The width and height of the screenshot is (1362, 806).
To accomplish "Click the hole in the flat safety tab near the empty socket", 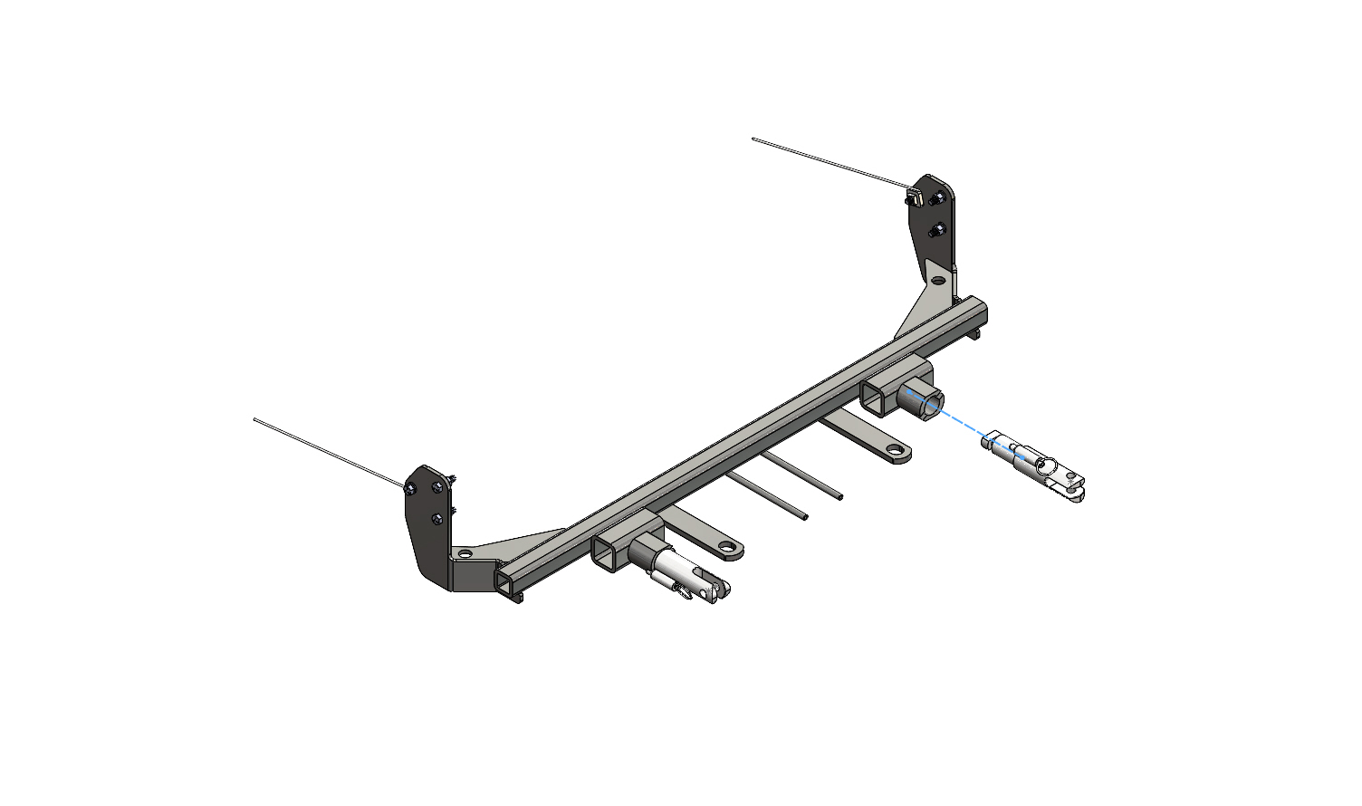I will [895, 450].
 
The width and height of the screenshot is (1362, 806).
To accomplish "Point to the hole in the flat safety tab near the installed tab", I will [727, 546].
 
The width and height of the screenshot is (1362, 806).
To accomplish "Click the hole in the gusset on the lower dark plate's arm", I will [465, 553].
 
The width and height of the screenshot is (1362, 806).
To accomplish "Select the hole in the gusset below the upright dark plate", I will [937, 282].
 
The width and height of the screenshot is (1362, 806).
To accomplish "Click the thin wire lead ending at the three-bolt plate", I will [326, 452].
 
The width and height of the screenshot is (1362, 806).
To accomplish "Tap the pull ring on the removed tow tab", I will [1046, 466].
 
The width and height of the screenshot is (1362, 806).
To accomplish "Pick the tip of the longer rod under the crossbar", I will [804, 517].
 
